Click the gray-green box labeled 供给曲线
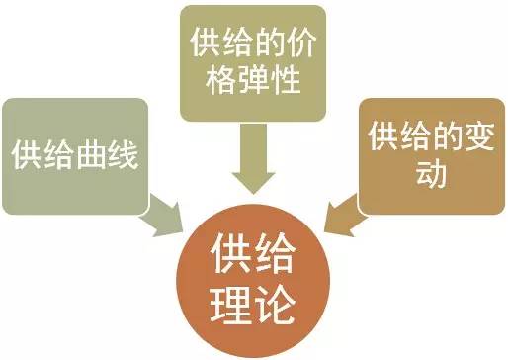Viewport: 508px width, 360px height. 74,155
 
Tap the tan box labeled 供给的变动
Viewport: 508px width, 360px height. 431,154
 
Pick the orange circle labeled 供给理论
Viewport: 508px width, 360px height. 253,276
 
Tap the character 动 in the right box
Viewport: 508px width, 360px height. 431,173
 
